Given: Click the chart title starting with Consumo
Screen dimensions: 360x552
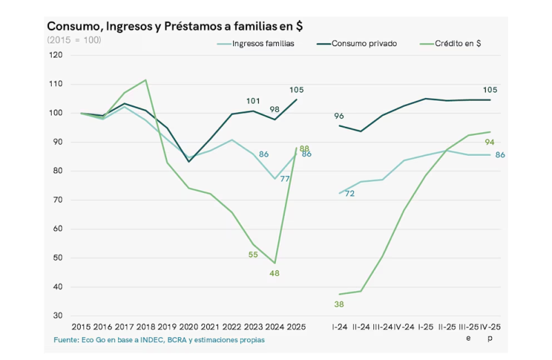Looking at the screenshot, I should (175, 26).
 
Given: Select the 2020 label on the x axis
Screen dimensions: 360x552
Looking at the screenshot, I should (189, 326).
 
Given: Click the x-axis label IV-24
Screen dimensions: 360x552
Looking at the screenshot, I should (404, 326).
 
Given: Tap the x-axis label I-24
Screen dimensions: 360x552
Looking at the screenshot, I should (339, 326).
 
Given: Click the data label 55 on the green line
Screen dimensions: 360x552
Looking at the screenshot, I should (253, 254).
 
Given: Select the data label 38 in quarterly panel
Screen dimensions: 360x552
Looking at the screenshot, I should (339, 303).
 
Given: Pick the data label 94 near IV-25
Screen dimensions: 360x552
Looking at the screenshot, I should (491, 142).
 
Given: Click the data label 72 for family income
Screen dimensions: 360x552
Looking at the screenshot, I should (350, 194).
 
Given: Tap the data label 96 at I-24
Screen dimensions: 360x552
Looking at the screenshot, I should (339, 116).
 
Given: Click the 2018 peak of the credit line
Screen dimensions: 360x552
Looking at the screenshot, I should (146, 80).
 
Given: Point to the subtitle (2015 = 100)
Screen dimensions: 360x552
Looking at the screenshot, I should (74, 40).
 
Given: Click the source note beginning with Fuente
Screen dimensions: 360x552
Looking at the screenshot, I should (159, 340).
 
